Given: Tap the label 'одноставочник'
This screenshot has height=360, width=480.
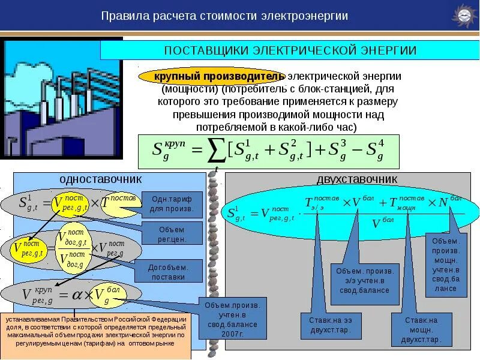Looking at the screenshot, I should (x=101, y=179).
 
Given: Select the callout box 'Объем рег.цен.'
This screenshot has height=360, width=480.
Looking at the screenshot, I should (x=172, y=234).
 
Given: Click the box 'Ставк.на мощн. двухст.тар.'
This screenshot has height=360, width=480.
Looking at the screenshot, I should (x=420, y=329).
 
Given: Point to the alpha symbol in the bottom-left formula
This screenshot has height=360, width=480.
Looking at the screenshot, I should (x=76, y=295).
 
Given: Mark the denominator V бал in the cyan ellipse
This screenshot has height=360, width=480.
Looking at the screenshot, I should (x=382, y=224).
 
